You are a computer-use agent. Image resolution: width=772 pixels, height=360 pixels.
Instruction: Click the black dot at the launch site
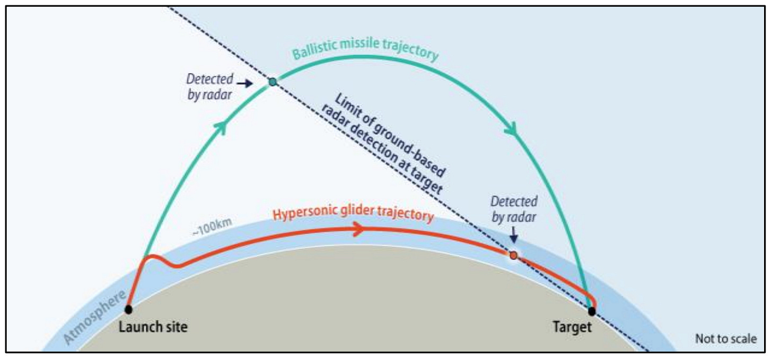pos(128,309)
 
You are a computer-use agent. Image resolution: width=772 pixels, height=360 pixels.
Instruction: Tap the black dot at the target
pos(592,311)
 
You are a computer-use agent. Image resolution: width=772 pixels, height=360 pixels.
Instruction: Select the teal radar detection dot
pos(273,82)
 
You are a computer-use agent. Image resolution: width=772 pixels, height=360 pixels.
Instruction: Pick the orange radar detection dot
pos(513,256)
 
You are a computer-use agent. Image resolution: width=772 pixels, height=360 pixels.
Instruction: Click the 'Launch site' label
pos(153,327)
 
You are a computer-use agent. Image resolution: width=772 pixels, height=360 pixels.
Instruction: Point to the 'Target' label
pos(572,327)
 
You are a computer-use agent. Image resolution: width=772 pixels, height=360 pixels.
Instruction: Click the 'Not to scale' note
pos(726,339)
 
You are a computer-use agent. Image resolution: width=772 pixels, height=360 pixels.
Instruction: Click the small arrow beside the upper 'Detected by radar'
pos(244,83)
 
